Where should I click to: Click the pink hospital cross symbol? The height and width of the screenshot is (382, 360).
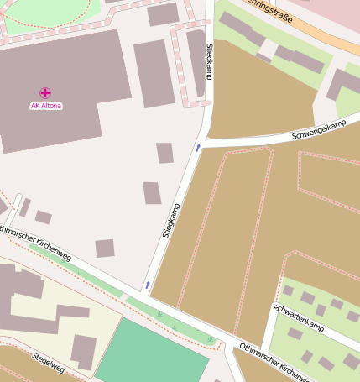[44, 92]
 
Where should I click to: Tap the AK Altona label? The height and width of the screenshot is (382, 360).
[45, 106]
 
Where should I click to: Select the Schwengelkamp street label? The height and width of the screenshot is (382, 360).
[319, 130]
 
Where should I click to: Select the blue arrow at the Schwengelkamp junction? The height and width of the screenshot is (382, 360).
[198, 147]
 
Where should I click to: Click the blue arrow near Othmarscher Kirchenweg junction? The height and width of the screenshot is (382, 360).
[148, 285]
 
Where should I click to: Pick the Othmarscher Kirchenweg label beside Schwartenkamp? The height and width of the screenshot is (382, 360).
[274, 360]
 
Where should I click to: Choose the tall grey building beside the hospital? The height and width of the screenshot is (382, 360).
[154, 73]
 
